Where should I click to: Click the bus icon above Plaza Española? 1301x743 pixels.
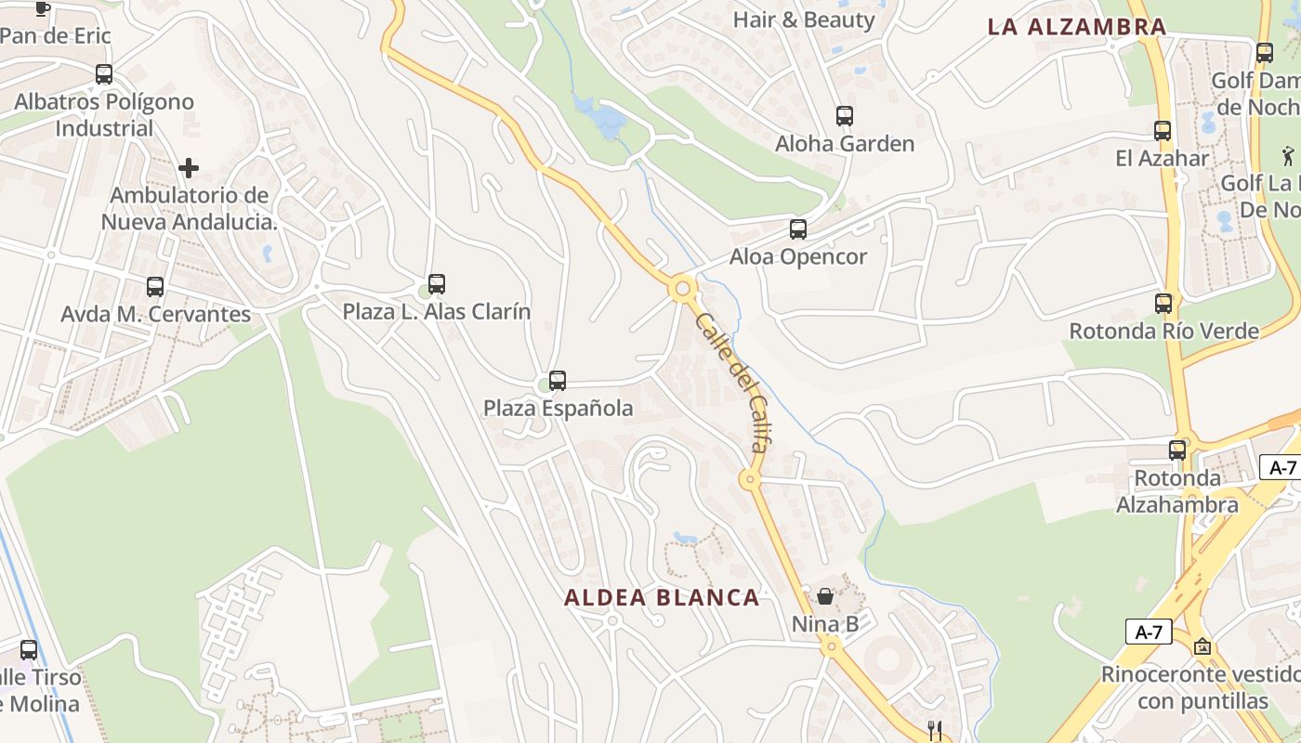pos(558,380)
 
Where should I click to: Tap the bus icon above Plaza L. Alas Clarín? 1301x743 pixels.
pos(437,283)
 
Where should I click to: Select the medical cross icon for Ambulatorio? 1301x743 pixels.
pos(189,168)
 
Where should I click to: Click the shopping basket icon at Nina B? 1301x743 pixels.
pos(825,595)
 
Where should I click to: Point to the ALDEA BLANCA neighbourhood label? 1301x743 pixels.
pos(662,597)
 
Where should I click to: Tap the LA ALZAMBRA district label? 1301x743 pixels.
pos(1076,27)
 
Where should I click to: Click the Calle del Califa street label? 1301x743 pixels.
pos(731,383)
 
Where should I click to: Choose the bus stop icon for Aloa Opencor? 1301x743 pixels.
pos(798,228)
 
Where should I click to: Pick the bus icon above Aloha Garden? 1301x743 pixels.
pos(845,115)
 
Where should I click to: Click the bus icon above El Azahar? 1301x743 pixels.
pos(1163,130)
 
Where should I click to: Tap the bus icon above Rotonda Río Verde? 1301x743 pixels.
pos(1163,303)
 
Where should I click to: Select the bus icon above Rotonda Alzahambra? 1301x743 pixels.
pos(1177,450)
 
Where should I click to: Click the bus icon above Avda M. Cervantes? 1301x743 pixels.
pos(155,286)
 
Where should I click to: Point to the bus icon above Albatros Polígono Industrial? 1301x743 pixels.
pos(104,73)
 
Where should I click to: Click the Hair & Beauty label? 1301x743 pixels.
pos(804,20)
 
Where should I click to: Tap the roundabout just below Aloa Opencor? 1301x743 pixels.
pos(683,289)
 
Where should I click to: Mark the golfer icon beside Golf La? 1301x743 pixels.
pos(1287,154)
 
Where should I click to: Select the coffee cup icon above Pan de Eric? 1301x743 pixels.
pos(42,8)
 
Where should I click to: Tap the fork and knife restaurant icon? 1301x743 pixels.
pos(935,731)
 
